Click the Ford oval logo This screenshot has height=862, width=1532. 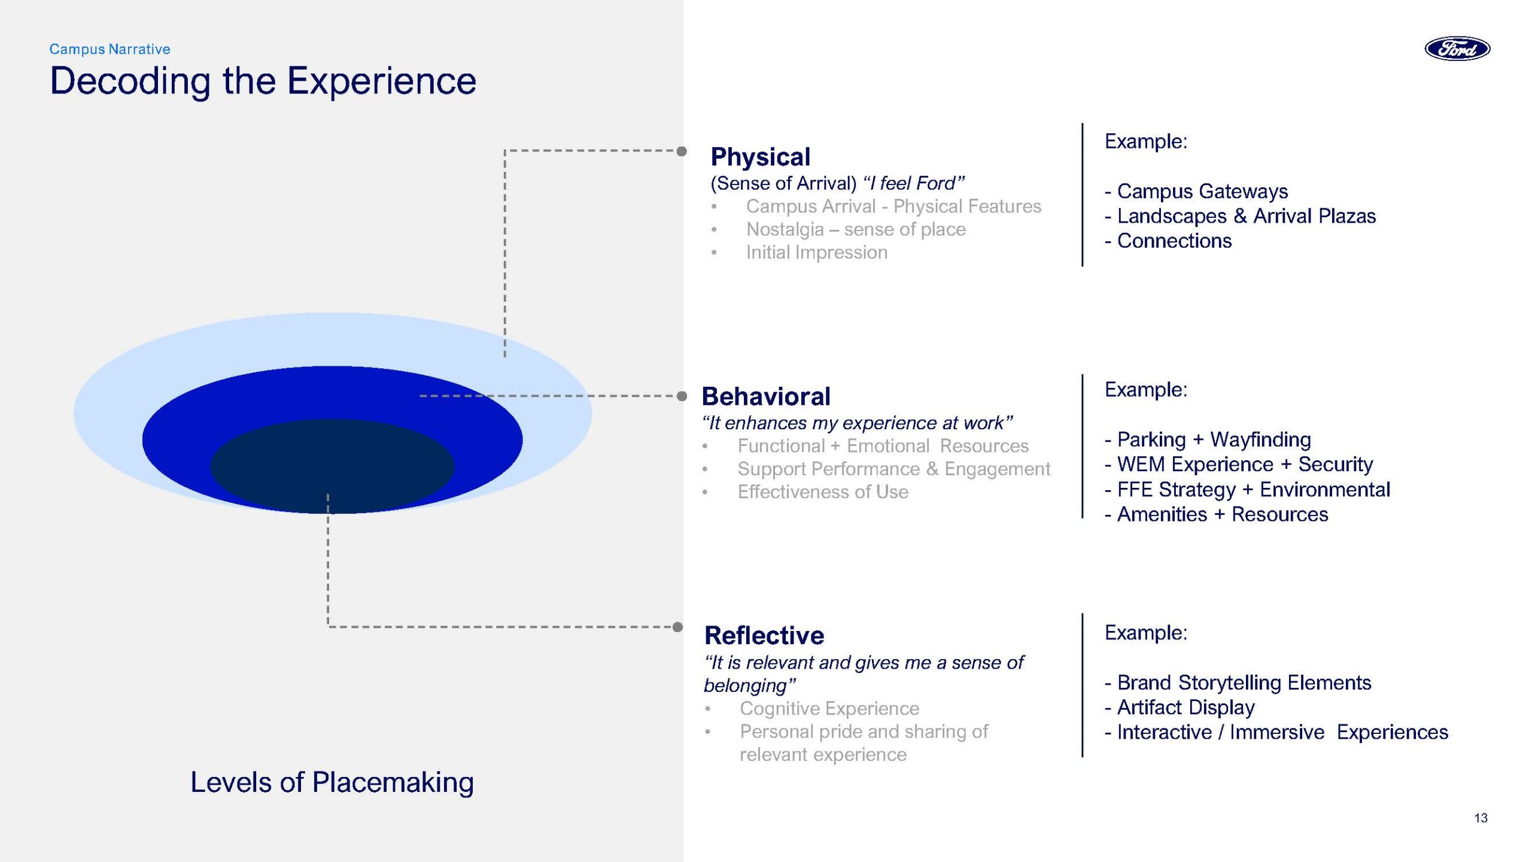point(1457,48)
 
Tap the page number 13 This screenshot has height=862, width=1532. point(1481,818)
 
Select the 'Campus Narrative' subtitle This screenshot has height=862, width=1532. point(110,49)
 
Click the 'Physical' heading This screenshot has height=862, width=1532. point(760,157)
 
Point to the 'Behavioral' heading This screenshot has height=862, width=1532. point(766,396)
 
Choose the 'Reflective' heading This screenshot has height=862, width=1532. point(764,635)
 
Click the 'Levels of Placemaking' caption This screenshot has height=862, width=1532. point(332,782)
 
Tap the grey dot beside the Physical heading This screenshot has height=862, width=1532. point(682,151)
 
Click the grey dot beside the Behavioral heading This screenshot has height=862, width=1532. point(682,396)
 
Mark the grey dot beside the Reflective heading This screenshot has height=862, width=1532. point(677,627)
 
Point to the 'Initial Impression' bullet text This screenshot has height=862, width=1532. point(816,252)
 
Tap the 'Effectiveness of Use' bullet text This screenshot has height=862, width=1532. point(823,491)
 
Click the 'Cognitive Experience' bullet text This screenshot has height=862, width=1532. point(829,708)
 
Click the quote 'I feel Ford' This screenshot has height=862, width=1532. point(914,183)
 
